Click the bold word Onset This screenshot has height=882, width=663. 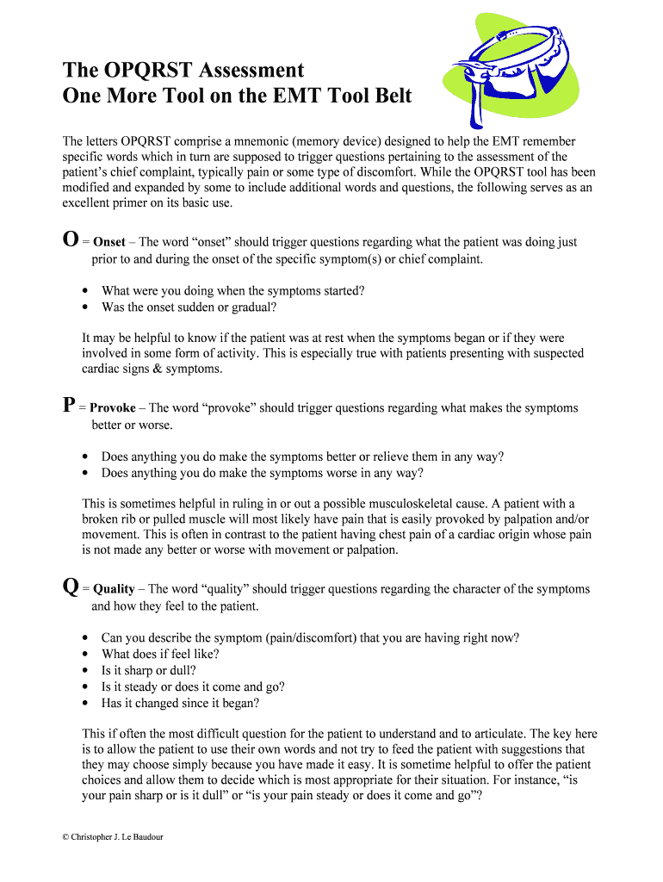coord(109,243)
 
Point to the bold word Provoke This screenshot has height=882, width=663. coord(113,408)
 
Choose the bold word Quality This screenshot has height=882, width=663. coord(114,589)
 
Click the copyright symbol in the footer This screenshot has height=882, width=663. coord(65,835)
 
